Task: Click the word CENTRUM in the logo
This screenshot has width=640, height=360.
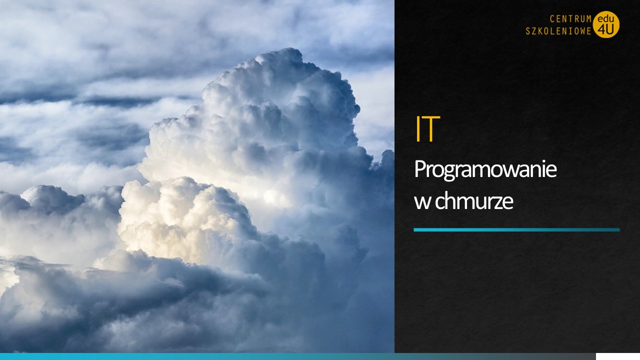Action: click(x=570, y=19)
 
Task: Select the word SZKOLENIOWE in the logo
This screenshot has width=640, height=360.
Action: click(x=558, y=31)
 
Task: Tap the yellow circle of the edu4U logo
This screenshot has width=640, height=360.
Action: click(x=606, y=24)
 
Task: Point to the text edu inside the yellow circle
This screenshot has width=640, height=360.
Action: click(x=605, y=19)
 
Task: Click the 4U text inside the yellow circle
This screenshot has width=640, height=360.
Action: click(x=605, y=30)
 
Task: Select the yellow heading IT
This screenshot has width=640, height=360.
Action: click(x=427, y=129)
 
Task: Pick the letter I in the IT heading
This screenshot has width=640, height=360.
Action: click(x=417, y=129)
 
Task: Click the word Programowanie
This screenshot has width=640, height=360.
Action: click(x=485, y=170)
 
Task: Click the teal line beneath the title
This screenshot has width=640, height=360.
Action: click(x=516, y=229)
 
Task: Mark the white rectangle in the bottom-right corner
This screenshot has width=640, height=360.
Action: click(x=617, y=356)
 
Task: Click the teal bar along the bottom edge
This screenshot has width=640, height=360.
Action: click(x=298, y=356)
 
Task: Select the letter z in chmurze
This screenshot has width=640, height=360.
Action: click(x=499, y=203)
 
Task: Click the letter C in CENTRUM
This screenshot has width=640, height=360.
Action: click(x=552, y=19)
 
